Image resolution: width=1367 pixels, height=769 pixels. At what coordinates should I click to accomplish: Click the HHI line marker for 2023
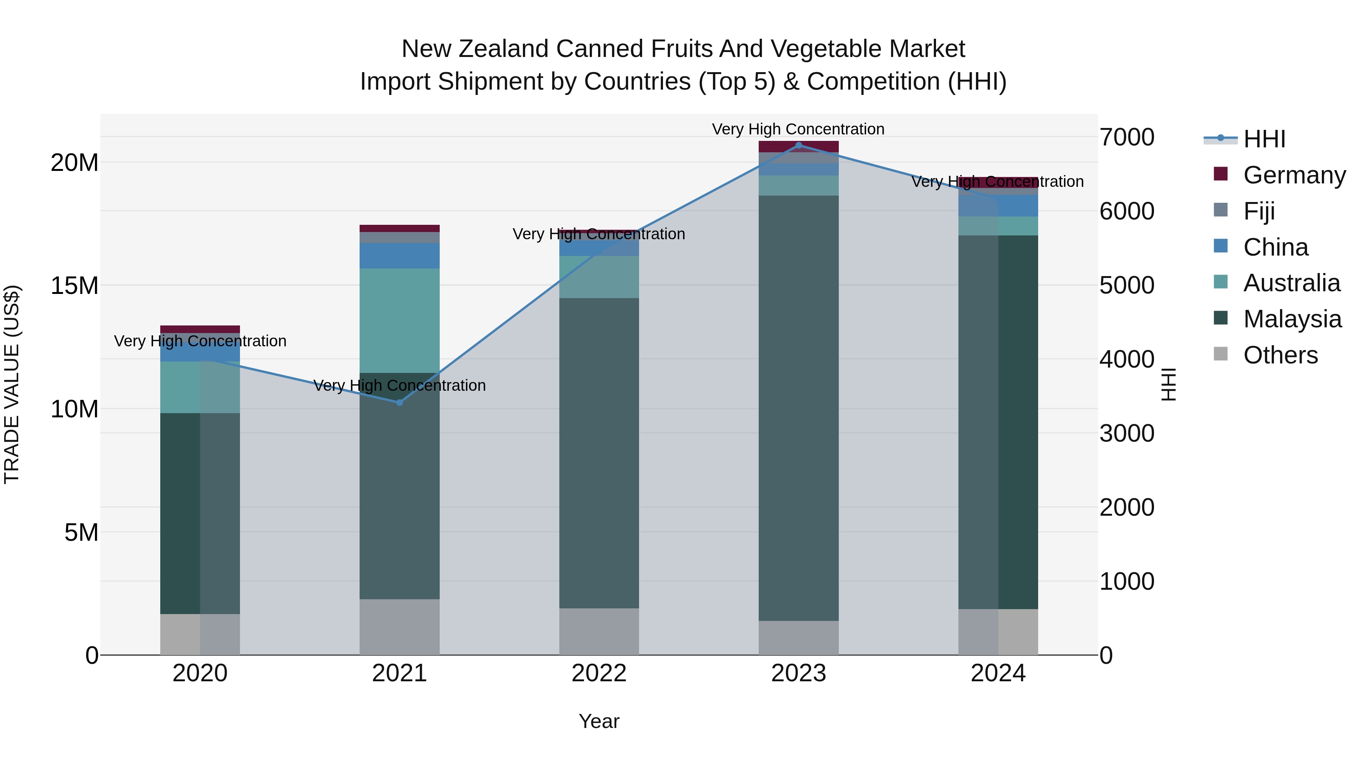click(799, 145)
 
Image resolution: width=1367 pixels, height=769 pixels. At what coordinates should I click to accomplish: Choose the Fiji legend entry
click(1259, 211)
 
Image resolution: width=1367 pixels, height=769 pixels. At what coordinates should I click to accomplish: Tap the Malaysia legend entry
click(1292, 319)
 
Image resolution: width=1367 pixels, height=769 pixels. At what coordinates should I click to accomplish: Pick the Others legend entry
click(1280, 355)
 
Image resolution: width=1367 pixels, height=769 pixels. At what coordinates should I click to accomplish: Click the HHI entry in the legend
click(1264, 139)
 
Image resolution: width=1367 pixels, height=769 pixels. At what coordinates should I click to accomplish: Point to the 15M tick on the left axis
click(74, 286)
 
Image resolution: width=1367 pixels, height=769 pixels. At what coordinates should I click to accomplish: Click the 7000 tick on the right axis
click(1127, 137)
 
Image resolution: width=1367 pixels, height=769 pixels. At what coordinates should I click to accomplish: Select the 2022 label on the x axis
click(599, 673)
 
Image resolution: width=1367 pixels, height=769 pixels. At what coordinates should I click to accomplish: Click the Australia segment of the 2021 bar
click(399, 321)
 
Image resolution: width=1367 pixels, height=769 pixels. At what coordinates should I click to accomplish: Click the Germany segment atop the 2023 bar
click(799, 147)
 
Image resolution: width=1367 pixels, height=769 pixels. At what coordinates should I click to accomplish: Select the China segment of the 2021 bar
click(399, 256)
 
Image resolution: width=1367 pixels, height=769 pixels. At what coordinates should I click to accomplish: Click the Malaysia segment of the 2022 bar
click(599, 453)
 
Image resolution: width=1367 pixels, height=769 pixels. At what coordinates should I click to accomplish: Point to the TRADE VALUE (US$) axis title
click(12, 384)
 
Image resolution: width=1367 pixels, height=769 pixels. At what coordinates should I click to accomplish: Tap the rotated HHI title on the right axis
click(1168, 384)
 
